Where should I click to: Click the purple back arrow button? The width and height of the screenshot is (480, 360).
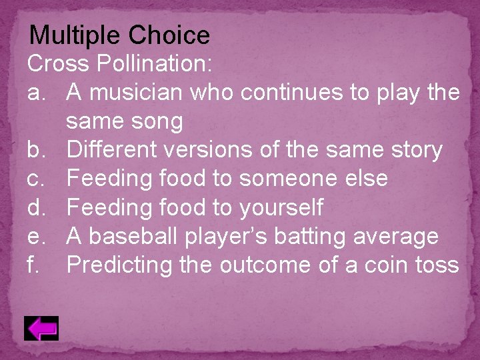(41, 328)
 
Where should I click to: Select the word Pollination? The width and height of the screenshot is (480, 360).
(155, 64)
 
